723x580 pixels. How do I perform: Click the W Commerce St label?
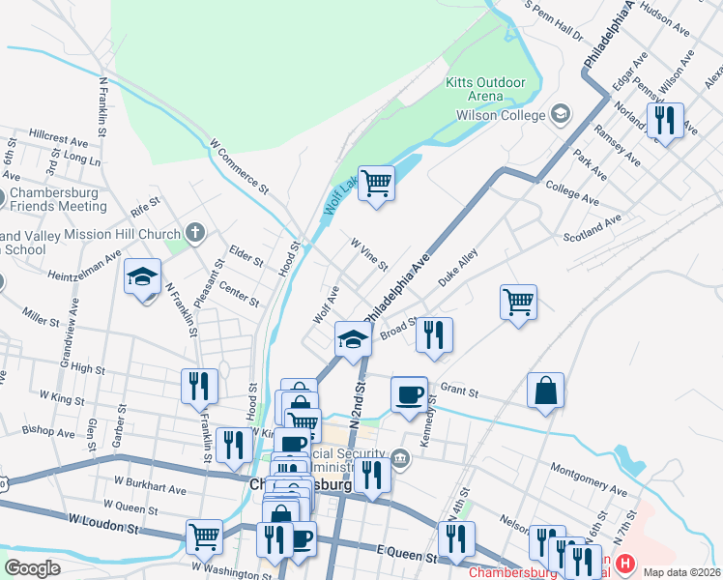click(239, 164)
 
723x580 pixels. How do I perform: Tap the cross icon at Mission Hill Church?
click(195, 233)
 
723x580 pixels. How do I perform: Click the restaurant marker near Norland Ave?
click(665, 121)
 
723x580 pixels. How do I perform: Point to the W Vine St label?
click(368, 255)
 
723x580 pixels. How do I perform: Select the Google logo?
click(32, 568)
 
